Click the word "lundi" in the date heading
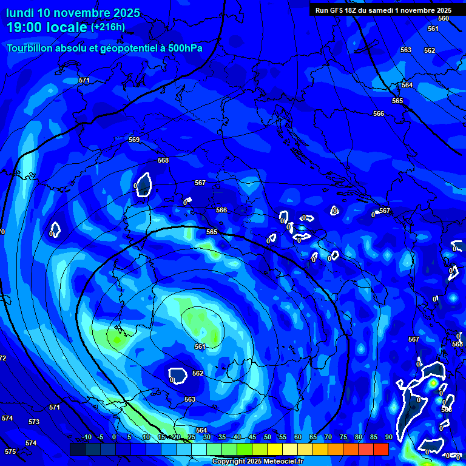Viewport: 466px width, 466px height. [x=19, y=13]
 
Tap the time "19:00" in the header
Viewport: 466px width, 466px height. [x=27, y=28]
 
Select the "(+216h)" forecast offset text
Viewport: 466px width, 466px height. [x=108, y=27]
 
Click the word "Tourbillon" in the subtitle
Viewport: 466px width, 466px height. [x=31, y=49]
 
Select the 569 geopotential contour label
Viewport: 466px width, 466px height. [x=134, y=140]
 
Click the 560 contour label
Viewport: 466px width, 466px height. [x=444, y=18]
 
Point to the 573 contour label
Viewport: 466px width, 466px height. [x=34, y=422]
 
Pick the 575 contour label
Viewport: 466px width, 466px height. [x=10, y=451]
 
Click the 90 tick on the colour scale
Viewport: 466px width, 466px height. [x=388, y=437]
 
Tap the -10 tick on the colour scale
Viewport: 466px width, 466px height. [x=86, y=437]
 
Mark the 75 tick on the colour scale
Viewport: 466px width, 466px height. [x=343, y=437]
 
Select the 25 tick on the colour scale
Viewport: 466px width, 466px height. [x=191, y=437]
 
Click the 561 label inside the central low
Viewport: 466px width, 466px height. [x=200, y=346]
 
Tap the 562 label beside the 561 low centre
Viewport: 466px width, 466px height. [x=198, y=373]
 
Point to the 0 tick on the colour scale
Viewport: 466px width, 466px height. [x=114, y=437]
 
